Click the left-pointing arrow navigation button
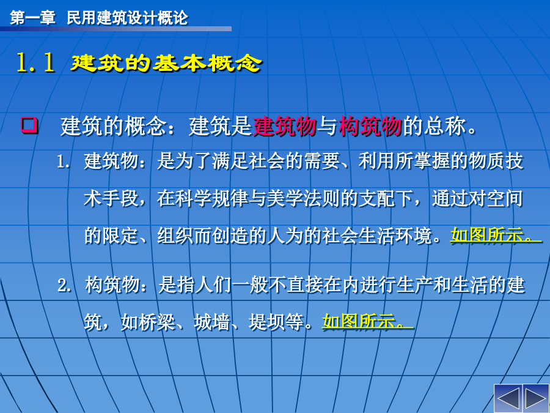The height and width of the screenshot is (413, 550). pos(508,398)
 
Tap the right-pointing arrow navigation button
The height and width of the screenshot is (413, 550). pos(536,398)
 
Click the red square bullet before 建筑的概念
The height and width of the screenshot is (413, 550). pos(29,125)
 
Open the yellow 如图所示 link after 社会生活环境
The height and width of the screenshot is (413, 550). pos(496,234)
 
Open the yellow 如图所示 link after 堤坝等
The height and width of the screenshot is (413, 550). pos(367,321)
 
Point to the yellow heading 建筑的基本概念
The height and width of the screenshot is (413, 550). pos(166,63)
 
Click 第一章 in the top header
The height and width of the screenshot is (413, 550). pos(32,18)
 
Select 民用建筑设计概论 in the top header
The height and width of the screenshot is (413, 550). pos(127,18)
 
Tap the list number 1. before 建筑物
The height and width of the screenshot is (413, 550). pos(64,162)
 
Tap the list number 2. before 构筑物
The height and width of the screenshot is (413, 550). pos(64,285)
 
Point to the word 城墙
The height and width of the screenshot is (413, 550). pos(211,321)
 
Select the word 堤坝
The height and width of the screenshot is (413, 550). pos(266,321)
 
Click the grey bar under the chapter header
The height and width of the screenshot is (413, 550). pos(116,29)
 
